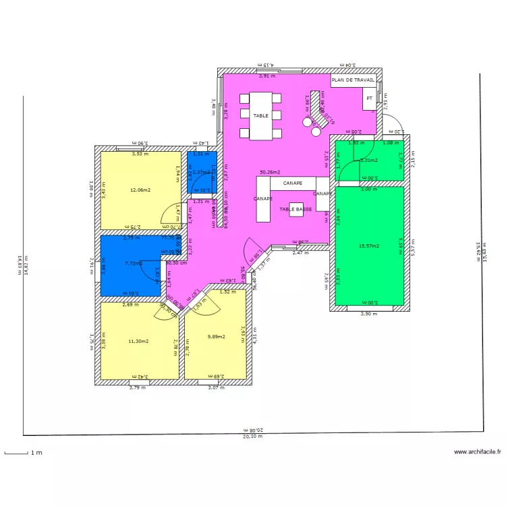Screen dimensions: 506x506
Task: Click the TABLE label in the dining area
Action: [x=261, y=116]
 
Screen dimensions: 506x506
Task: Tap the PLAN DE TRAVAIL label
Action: [x=353, y=80]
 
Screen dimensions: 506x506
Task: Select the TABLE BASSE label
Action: [x=296, y=210]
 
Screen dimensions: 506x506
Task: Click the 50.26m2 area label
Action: [x=270, y=173]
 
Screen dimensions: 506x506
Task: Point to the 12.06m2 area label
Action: [x=140, y=190]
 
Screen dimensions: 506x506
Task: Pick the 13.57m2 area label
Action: [x=369, y=246]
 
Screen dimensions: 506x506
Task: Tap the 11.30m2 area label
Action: [x=138, y=341]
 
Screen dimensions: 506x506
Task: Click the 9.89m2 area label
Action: [x=216, y=336]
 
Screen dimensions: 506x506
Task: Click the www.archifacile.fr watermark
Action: [x=477, y=452]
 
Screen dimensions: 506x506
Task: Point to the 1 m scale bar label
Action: [x=34, y=453]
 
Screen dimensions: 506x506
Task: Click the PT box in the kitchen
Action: [x=369, y=99]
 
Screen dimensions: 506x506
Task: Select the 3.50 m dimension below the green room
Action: [x=369, y=314]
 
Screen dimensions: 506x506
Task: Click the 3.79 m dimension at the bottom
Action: [x=138, y=387]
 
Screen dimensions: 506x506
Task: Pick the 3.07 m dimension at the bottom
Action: [x=215, y=387]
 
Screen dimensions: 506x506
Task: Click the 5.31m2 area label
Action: [x=369, y=161]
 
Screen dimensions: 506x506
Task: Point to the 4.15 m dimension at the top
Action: [x=268, y=65]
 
